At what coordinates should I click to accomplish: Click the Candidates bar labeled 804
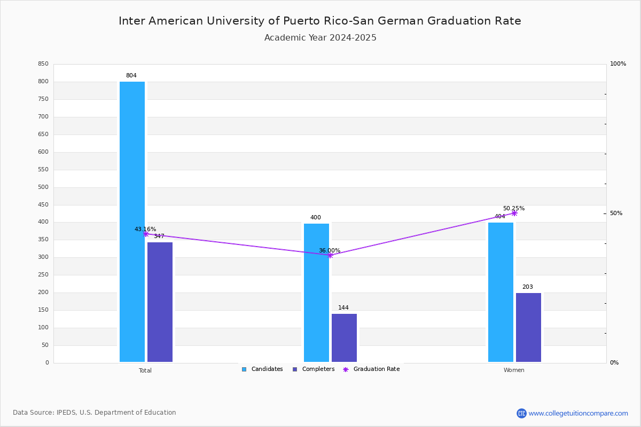click(x=132, y=222)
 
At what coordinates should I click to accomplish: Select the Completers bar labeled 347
click(x=160, y=302)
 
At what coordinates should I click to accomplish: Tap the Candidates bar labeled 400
click(x=316, y=292)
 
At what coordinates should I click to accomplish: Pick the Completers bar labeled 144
click(x=344, y=338)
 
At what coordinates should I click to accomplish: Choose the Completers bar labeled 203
click(x=528, y=328)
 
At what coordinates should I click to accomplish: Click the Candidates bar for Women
click(x=501, y=292)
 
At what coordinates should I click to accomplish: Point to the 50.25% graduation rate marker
click(x=514, y=213)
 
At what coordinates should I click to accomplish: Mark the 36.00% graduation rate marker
click(x=330, y=255)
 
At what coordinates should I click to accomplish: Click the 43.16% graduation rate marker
click(x=146, y=234)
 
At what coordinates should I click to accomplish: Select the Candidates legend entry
click(x=262, y=369)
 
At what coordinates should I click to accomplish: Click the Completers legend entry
click(x=314, y=369)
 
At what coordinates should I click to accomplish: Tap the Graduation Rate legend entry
click(x=371, y=369)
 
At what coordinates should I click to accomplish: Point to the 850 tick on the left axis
click(x=43, y=64)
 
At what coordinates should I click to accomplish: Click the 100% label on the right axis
click(x=618, y=64)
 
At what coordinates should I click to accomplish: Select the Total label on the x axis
click(x=145, y=370)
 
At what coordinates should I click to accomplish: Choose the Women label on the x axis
click(x=514, y=370)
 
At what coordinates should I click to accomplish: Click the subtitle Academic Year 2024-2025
click(x=320, y=38)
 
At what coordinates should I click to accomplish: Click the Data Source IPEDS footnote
click(x=95, y=413)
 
